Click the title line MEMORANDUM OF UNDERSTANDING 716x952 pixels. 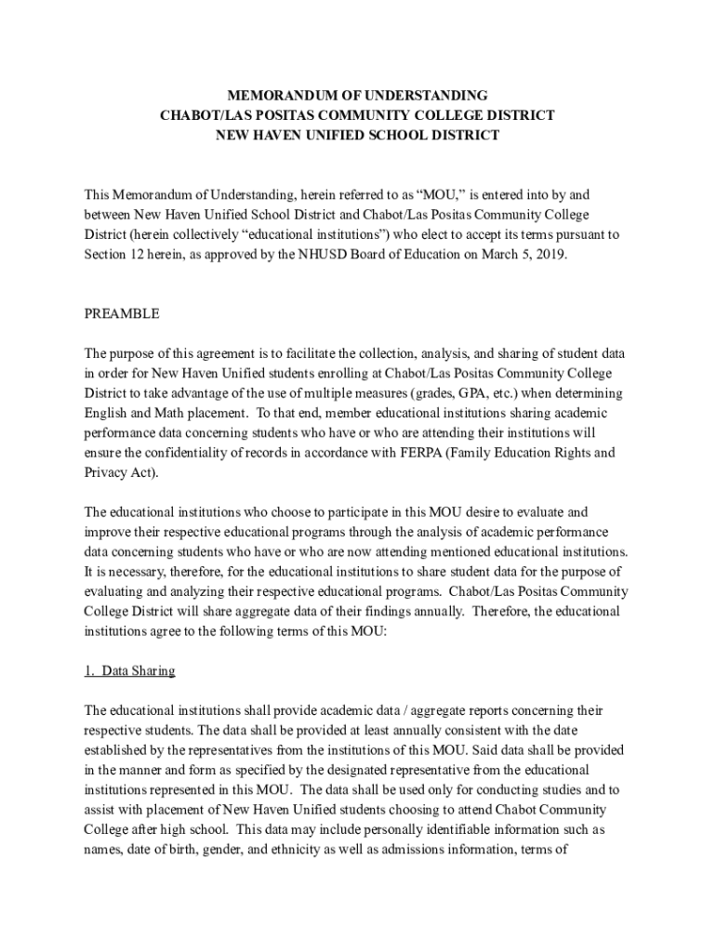coord(358,96)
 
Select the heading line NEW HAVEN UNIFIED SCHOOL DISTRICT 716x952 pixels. coord(358,135)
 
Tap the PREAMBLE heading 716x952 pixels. coord(122,313)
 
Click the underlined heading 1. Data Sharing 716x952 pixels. coord(129,670)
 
